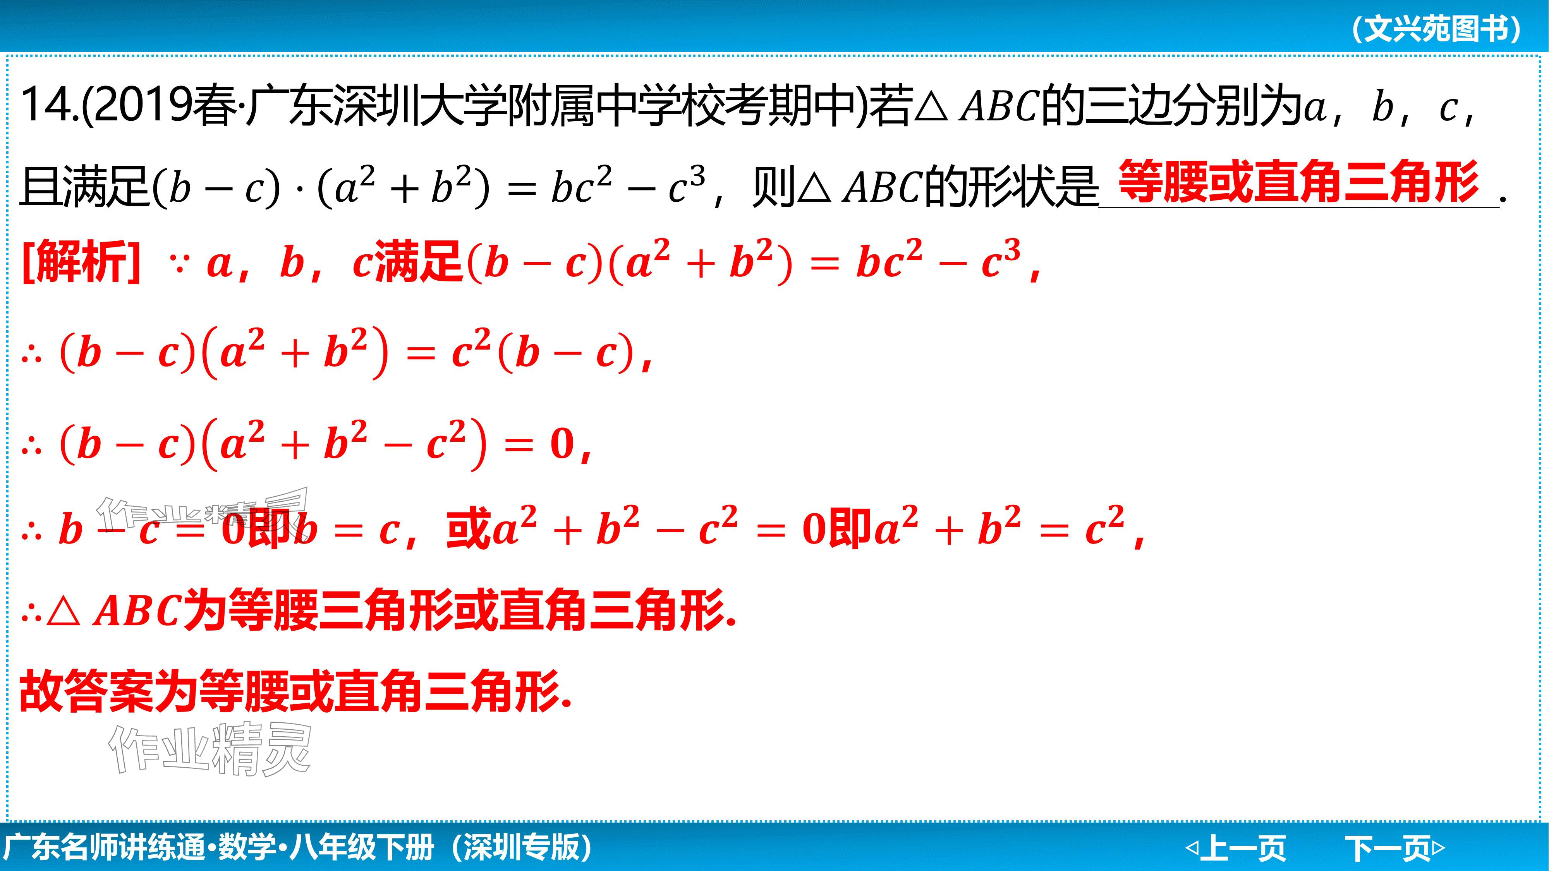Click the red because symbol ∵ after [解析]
coord(178,264)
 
